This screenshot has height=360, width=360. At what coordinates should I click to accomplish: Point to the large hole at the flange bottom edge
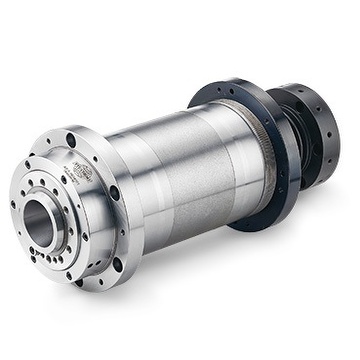click(78, 282)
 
